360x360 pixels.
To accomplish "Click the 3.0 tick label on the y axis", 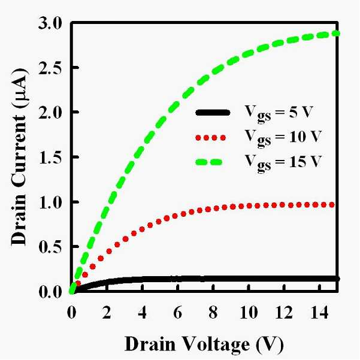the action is [x=50, y=24].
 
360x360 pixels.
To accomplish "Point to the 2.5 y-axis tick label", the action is [x=50, y=68].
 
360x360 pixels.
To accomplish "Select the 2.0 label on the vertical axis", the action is [x=50, y=112].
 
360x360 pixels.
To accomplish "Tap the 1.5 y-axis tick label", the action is [x=50, y=157].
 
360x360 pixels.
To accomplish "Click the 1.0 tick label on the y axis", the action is [x=50, y=202].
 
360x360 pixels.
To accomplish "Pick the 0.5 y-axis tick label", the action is [x=50, y=247].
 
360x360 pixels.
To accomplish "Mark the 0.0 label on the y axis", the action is [x=50, y=292].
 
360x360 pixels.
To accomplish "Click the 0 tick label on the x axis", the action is [x=72, y=312].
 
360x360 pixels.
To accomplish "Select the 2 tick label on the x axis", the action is [x=107, y=312].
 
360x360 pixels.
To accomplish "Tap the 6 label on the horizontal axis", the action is [x=178, y=312].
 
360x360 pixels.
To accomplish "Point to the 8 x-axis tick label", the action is [x=213, y=312].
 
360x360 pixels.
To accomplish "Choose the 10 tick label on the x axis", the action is [x=249, y=312].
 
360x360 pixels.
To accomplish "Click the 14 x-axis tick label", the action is [x=319, y=312].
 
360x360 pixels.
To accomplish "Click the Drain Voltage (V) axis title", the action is [x=204, y=344].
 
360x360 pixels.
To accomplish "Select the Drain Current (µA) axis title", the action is [x=20, y=157].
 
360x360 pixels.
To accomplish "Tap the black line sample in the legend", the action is [x=213, y=112].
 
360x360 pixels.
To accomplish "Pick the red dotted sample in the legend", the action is [x=210, y=138].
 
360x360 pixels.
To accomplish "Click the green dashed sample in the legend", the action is [x=209, y=162].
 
